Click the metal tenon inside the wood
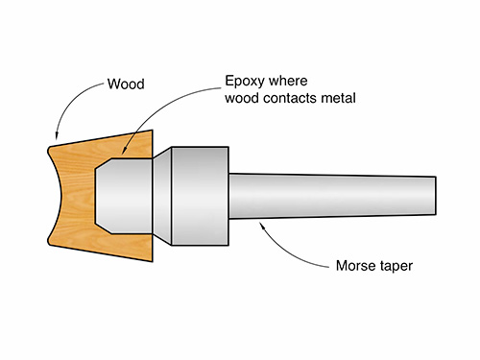click(x=123, y=197)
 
